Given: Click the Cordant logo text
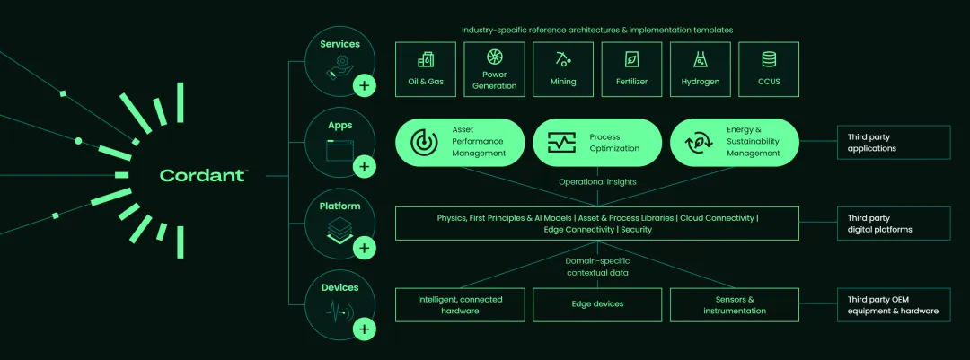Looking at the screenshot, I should pos(203,176).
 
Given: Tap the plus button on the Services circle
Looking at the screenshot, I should pos(364,86).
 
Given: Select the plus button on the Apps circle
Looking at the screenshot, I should pos(364,167).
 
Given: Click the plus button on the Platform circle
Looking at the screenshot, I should pos(364,248).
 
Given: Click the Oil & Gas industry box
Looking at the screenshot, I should pos(426,69).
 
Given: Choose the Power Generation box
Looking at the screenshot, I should pos(495,69).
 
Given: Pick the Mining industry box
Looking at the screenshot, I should pos(563,69).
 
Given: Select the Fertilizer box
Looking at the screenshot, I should pos(631,69).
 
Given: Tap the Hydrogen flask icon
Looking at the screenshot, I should pos(700,60).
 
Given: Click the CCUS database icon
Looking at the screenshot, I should pos(769,60).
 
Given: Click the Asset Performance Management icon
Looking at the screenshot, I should pos(423,142).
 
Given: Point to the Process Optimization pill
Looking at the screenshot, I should pos(596,142).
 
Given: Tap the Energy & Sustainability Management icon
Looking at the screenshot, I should pos(698,142).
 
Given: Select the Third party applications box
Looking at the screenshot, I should pos(893,142).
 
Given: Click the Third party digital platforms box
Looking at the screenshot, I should pos(893,224).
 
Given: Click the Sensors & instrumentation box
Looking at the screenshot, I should pos(734,304).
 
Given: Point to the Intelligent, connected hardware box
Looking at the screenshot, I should pos(460,304).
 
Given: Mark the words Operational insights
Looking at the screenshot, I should pos(597,181).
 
